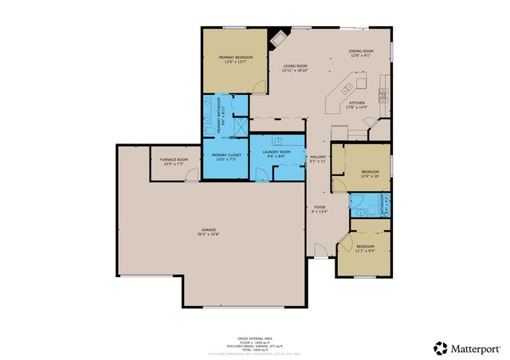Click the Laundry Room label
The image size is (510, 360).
coord(279,153)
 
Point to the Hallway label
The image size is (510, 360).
coord(319,158)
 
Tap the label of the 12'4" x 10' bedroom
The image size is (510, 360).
coord(370,174)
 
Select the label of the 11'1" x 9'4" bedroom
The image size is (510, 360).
coord(365,248)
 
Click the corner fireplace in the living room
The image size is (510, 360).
coord(279,37)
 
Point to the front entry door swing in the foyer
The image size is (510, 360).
coord(319,250)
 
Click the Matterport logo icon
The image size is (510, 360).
coord(440,347)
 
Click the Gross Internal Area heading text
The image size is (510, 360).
coord(254,338)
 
